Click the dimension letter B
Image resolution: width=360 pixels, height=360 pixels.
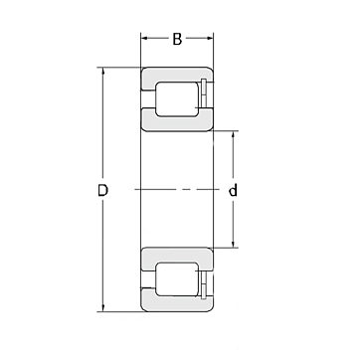(x=177, y=40)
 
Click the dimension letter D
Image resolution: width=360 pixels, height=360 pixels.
(x=102, y=191)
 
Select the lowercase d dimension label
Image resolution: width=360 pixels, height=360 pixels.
(x=234, y=190)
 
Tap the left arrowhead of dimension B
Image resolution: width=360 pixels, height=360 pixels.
(x=144, y=38)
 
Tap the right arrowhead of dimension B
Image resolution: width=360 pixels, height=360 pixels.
(x=210, y=38)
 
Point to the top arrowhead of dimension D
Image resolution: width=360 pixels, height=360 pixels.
(x=102, y=71)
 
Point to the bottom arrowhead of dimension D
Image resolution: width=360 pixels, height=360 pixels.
(x=102, y=308)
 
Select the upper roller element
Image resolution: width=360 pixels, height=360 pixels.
(x=177, y=99)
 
